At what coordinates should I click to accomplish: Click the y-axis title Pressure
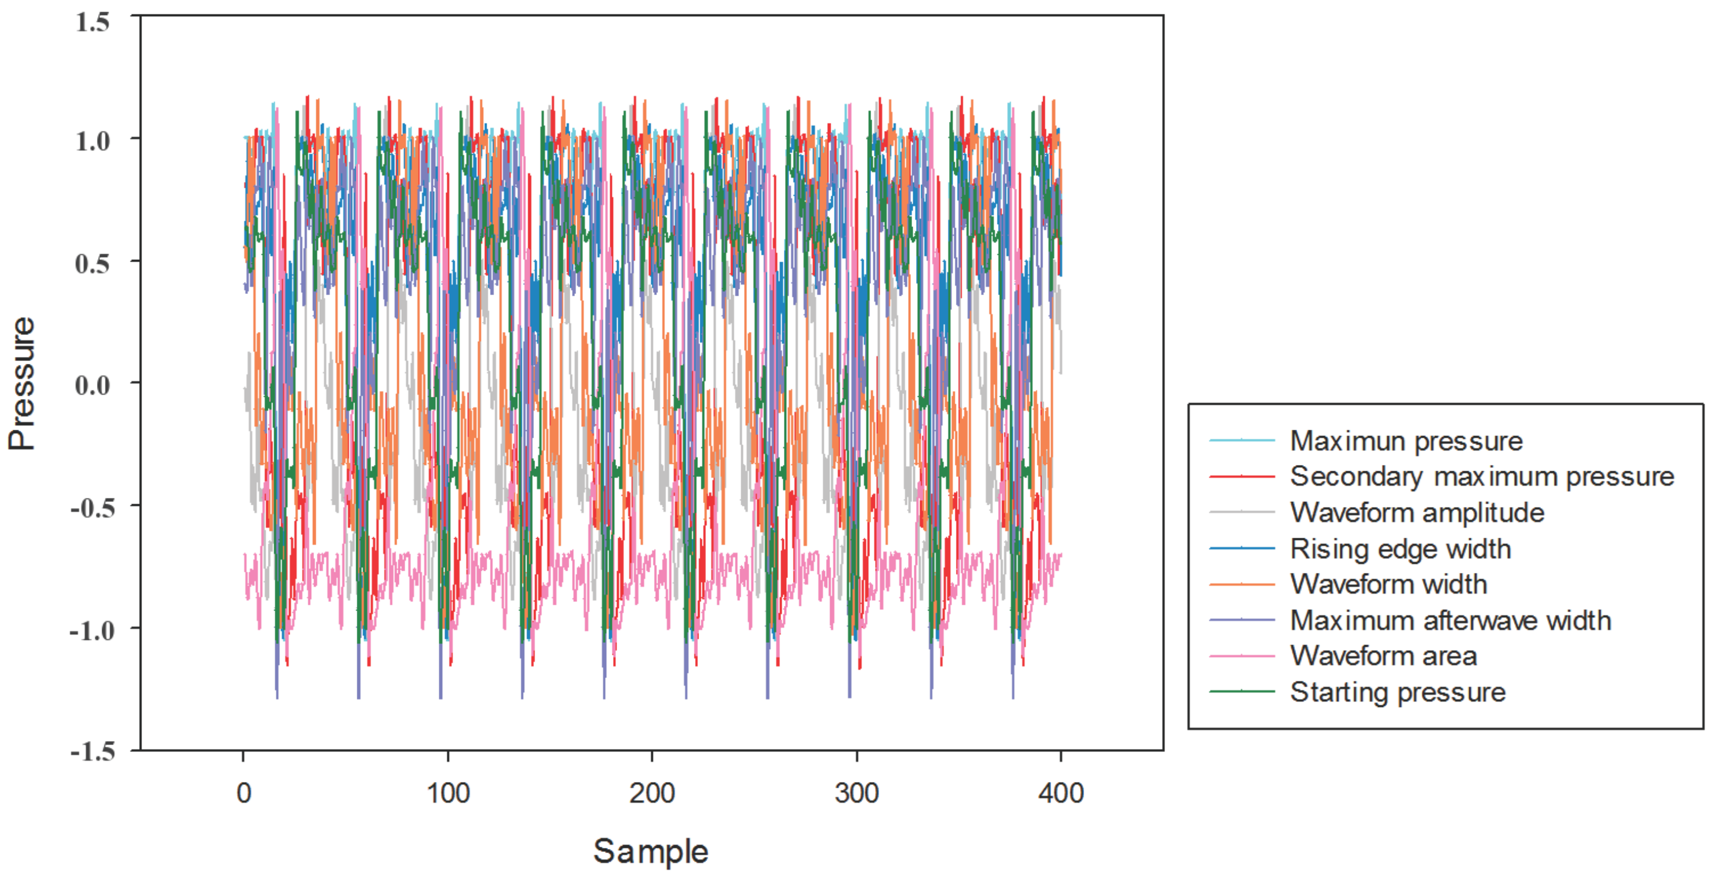click(x=21, y=383)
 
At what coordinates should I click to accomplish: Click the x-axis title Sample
click(x=650, y=851)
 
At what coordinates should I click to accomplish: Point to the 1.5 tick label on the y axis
click(x=92, y=22)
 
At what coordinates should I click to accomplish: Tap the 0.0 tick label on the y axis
click(x=92, y=385)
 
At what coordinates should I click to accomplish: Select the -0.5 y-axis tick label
click(x=92, y=508)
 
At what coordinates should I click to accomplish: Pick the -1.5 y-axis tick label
click(x=92, y=751)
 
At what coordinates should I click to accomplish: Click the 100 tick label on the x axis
click(x=448, y=792)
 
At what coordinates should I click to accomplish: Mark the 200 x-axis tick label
click(x=652, y=792)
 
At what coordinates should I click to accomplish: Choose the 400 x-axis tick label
click(x=1061, y=792)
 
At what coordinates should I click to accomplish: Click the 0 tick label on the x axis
click(x=244, y=792)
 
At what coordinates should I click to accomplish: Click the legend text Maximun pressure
click(x=1406, y=441)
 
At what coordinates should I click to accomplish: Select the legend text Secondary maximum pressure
click(x=1481, y=476)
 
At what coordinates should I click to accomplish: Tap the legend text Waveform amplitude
click(x=1417, y=512)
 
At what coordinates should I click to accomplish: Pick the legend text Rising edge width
click(x=1400, y=549)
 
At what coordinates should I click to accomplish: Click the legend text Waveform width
click(x=1388, y=584)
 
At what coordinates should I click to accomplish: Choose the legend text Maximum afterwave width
click(x=1450, y=620)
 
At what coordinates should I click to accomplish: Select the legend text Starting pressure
click(x=1398, y=692)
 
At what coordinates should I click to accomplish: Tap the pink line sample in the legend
click(x=1242, y=656)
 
